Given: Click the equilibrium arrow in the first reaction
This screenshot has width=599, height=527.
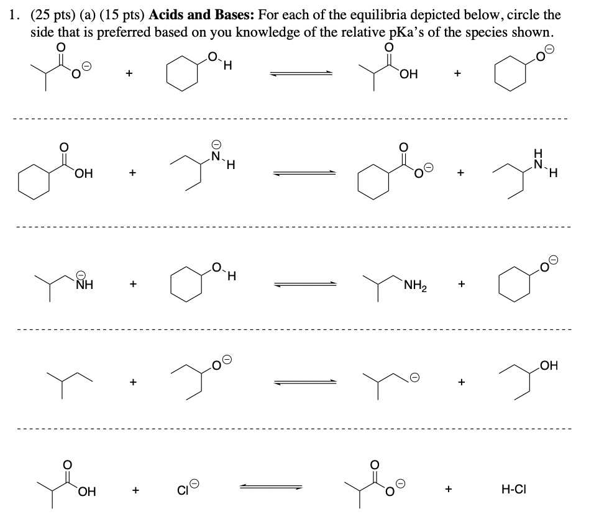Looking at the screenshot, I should coord(301,74).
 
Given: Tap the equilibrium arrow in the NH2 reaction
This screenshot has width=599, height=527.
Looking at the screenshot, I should coord(307,286).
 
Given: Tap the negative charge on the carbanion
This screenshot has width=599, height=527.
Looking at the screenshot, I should coord(414,377).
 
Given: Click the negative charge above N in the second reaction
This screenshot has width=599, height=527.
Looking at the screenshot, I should coord(215,142).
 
